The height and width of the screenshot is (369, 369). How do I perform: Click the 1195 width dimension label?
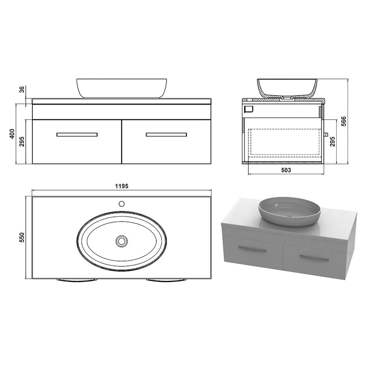point(122,186)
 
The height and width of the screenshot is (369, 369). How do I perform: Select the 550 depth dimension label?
point(22,237)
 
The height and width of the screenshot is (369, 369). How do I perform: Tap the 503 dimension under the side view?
point(286,170)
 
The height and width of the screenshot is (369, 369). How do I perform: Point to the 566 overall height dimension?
point(344,121)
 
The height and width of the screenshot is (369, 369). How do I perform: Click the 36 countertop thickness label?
point(22,89)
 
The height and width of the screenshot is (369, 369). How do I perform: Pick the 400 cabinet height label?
point(12,134)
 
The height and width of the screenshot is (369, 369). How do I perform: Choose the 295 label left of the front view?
point(22,141)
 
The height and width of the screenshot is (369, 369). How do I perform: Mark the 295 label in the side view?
point(332,141)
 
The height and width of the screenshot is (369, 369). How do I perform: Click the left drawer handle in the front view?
point(77,135)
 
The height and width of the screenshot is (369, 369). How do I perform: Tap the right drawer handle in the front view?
point(166,135)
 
